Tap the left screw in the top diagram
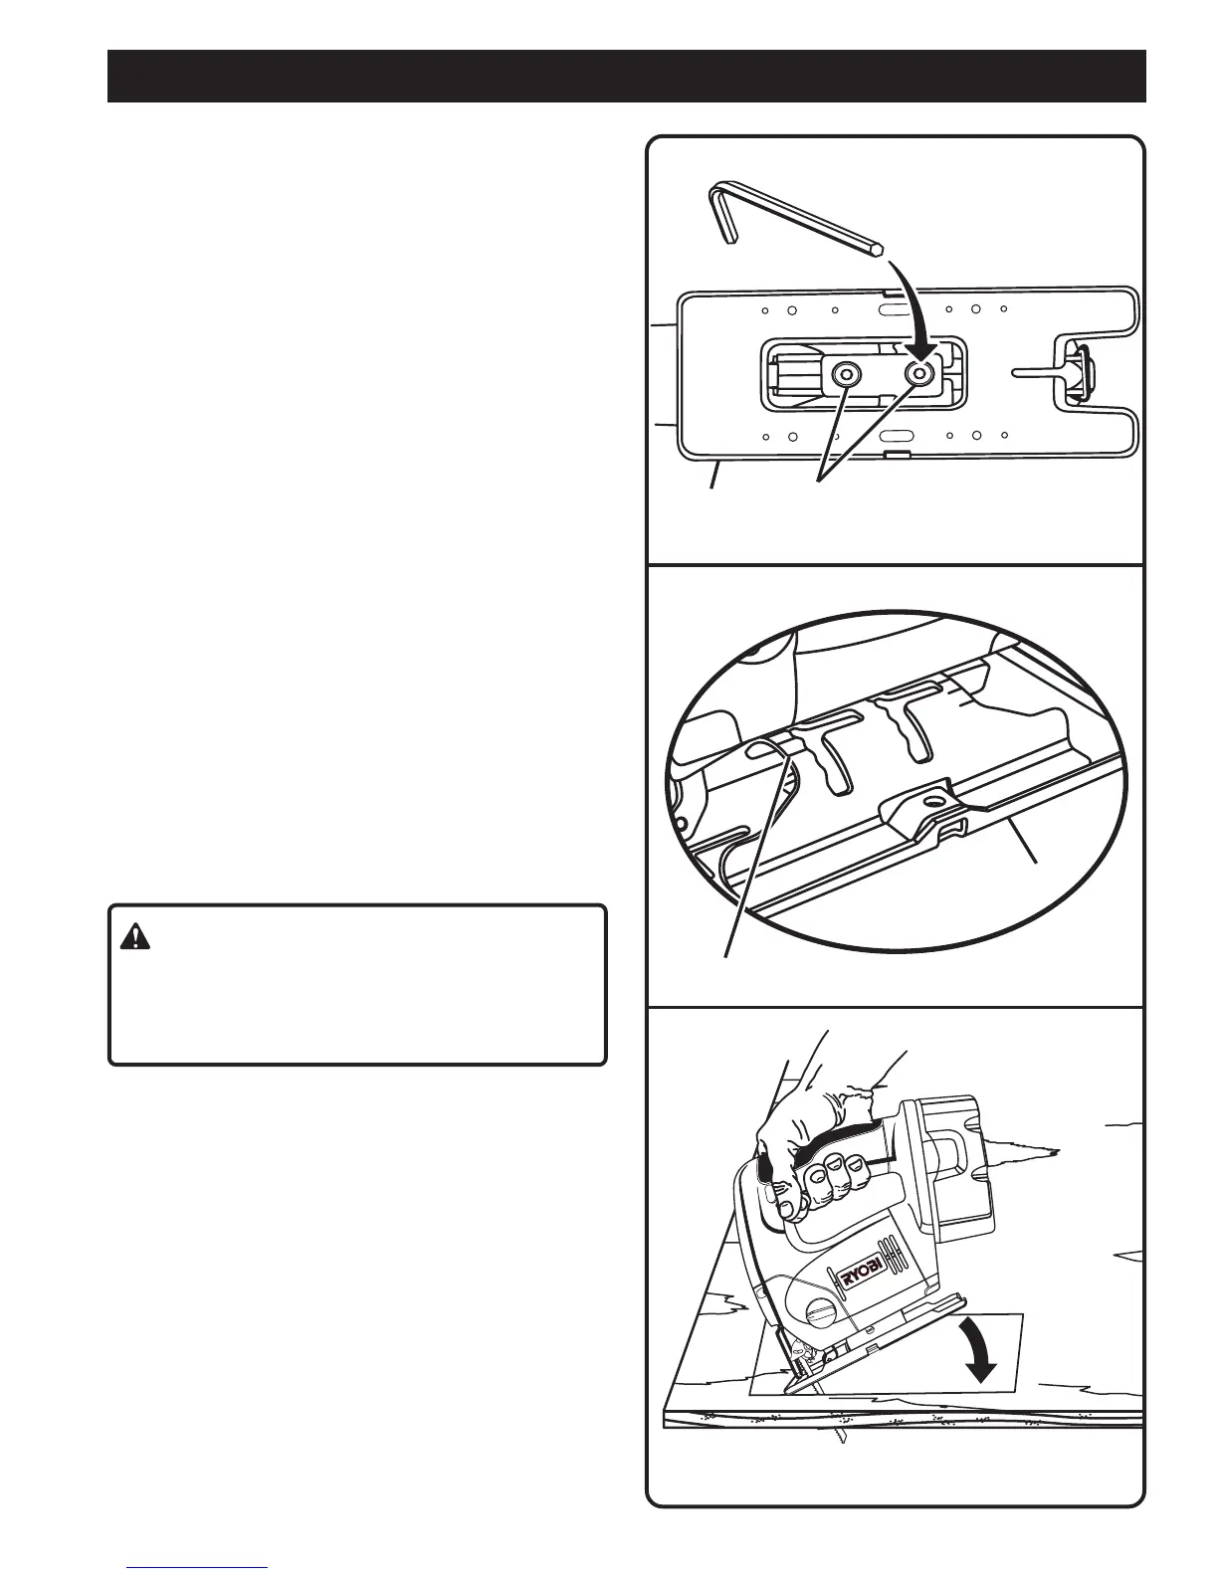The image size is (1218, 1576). (x=846, y=374)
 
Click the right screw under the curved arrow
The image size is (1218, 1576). (x=918, y=374)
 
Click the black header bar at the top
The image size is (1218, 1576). (x=627, y=76)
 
